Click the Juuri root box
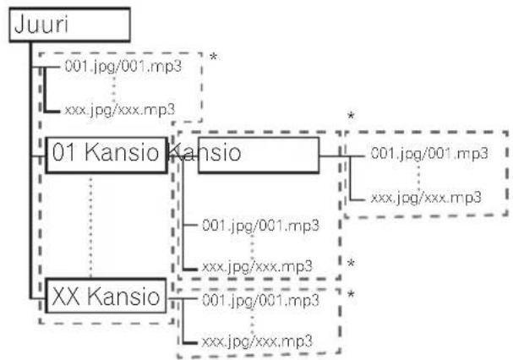coord(69,25)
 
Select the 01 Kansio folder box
coord(106,155)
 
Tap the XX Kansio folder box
coord(106,296)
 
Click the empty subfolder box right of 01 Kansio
coord(259,155)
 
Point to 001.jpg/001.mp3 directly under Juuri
coord(123,67)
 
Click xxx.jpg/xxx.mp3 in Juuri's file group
coord(120,110)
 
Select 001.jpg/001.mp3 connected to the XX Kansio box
coord(260,300)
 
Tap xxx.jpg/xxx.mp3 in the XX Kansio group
coord(257,341)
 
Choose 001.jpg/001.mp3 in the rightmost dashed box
coord(429,153)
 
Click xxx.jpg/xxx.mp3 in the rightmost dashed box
coord(426,198)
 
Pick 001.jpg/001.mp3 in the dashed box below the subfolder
coord(260,225)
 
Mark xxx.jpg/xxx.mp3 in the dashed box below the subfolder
coord(257,266)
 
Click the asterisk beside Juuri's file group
coord(214,57)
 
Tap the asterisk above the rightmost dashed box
coord(351,116)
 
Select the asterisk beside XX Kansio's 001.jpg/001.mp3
coord(351,295)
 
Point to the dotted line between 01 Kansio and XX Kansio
coord(90,226)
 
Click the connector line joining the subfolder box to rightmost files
coord(341,156)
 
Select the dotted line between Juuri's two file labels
coord(113,89)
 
